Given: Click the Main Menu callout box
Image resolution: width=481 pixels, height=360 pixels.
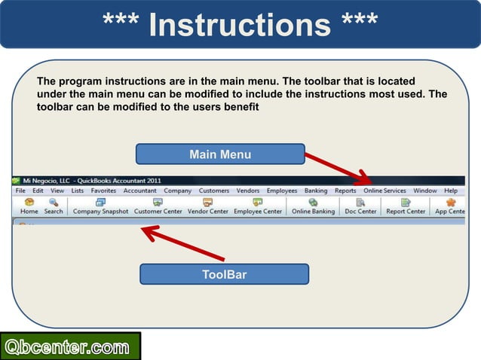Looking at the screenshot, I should tap(220, 154).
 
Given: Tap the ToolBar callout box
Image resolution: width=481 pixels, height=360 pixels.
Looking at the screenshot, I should tap(224, 274).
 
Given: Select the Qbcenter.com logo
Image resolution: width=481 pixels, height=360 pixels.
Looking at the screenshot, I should tap(70, 347).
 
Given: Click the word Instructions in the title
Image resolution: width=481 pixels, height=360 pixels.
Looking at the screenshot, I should tap(240, 24).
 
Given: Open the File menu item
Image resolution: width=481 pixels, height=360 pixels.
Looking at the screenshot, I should tap(20, 191).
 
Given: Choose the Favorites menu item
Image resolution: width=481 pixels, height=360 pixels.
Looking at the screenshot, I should tap(103, 191).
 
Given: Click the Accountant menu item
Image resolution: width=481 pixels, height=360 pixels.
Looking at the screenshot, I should tap(139, 191).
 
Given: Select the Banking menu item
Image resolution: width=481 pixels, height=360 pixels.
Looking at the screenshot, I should tap(316, 191).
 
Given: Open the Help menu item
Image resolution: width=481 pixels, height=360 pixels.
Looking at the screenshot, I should tap(451, 191).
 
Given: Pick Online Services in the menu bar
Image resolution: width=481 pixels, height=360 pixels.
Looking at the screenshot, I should tap(384, 191).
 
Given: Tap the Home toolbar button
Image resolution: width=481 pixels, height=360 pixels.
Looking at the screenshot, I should tap(29, 207).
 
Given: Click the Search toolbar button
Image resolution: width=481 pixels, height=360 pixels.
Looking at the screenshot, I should tap(54, 207).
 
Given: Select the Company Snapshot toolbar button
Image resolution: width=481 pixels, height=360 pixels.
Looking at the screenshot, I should tap(100, 207).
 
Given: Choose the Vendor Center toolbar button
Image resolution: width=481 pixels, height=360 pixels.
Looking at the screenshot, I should tap(207, 207).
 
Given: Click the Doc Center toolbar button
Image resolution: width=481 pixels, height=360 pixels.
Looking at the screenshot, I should tap(360, 207).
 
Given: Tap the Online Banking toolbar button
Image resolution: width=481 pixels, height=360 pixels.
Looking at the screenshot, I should tap(313, 207).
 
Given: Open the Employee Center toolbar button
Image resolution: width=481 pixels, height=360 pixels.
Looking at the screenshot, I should tap(258, 207).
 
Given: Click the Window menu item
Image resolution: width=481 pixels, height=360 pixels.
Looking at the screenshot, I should tap(425, 191).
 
